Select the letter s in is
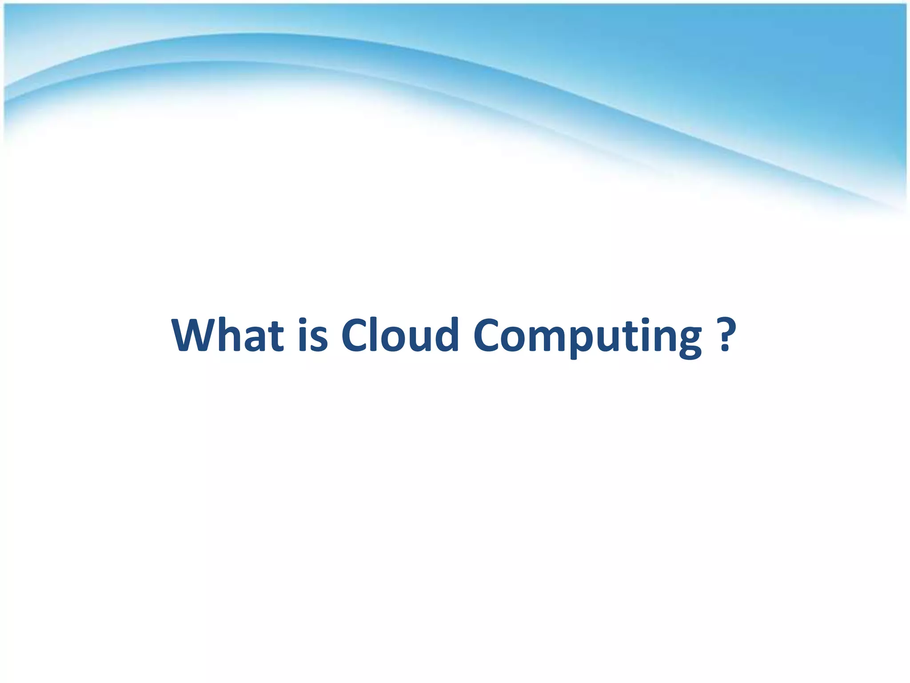point(319,340)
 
